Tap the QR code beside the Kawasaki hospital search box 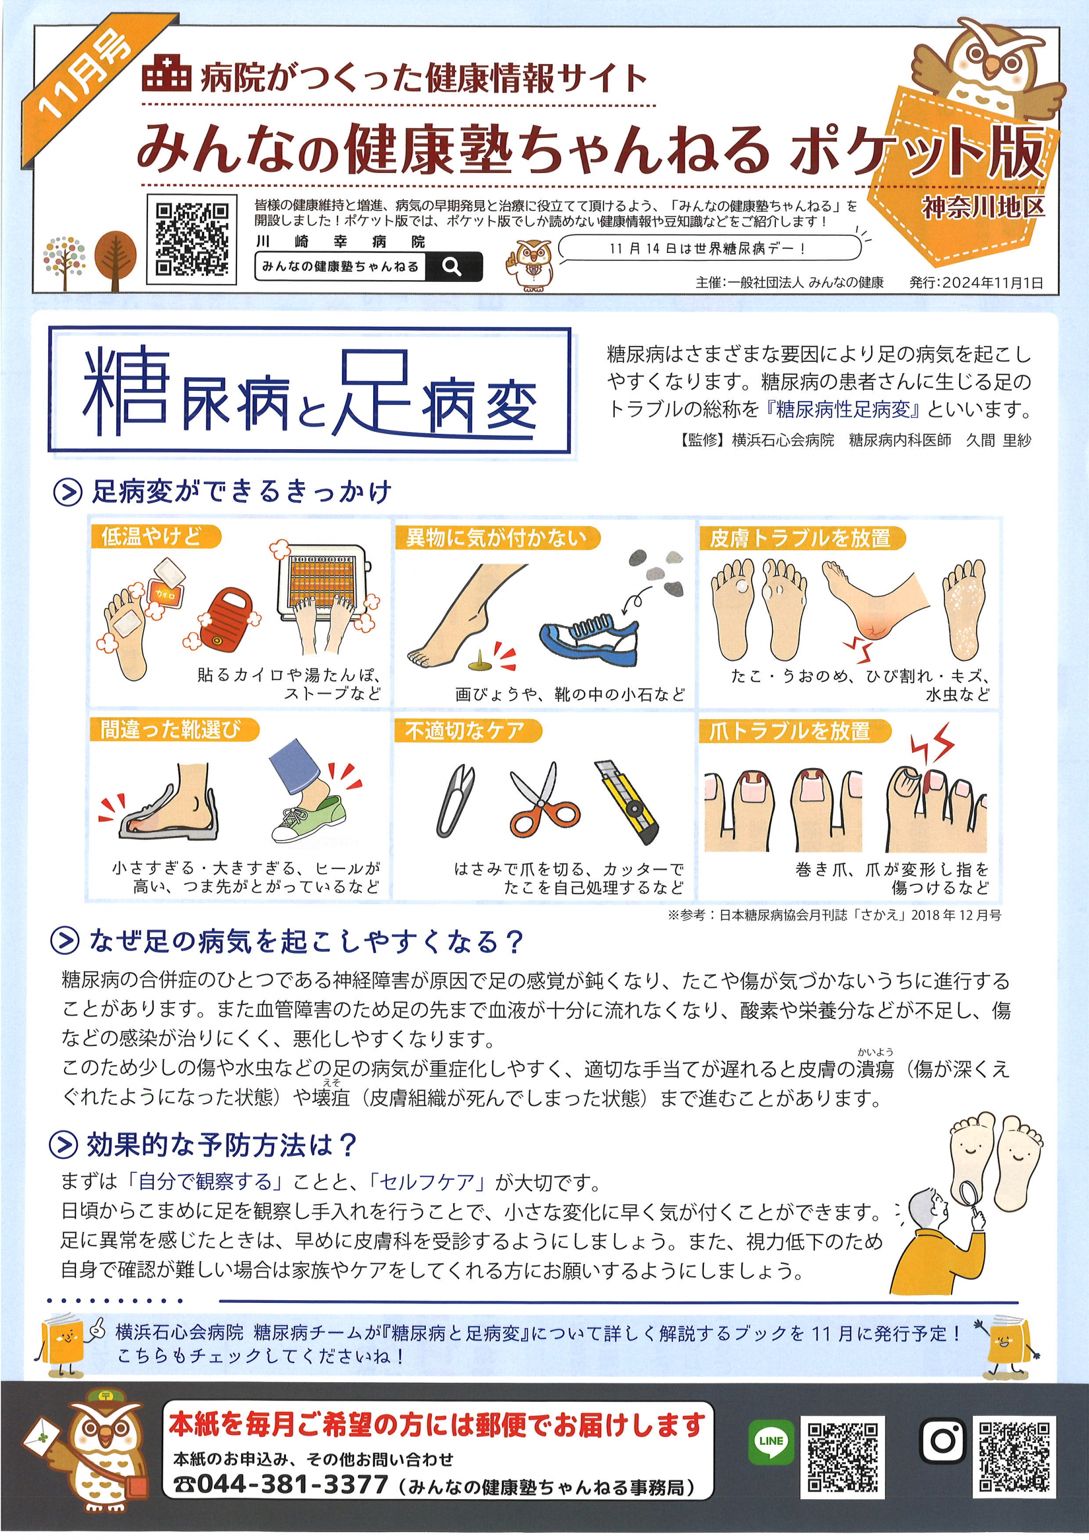(x=192, y=239)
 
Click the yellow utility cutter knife (x=627, y=801)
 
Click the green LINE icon (x=770, y=1440)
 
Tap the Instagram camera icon (x=943, y=1440)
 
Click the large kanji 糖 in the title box (x=126, y=393)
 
